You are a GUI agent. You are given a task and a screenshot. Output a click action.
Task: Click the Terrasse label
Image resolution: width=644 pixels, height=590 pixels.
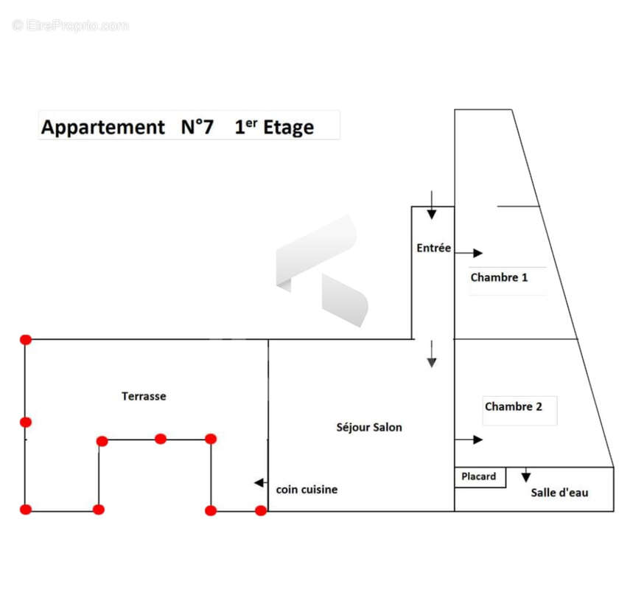[x=144, y=396]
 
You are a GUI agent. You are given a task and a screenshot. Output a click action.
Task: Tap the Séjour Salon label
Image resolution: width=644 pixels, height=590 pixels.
[x=369, y=427]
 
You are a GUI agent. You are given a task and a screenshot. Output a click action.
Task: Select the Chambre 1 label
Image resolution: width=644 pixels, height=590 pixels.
[x=499, y=277]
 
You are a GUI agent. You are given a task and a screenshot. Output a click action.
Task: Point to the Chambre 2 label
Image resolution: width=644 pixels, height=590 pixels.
[x=514, y=406]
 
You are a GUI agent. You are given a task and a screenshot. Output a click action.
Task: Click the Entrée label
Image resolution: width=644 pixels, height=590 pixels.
[x=433, y=248]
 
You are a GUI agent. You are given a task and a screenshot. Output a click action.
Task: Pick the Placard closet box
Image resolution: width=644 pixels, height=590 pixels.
[x=480, y=477]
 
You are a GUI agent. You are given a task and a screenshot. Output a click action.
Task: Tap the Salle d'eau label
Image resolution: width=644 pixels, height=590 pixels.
[x=559, y=493]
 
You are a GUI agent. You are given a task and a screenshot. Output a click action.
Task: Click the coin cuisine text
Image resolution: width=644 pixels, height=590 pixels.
[x=307, y=489]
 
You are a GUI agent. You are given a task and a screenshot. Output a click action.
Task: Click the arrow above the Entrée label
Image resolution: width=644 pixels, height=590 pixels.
[x=431, y=205]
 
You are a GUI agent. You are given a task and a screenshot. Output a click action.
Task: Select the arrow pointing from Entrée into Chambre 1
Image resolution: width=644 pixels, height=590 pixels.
[x=469, y=253]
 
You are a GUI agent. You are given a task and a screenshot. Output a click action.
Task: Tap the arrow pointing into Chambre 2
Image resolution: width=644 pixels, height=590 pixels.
[x=469, y=440]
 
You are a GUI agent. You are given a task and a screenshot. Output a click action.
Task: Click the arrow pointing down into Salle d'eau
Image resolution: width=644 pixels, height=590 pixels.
[x=525, y=474]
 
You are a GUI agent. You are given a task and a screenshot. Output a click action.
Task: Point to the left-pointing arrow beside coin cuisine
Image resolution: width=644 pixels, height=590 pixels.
[x=261, y=482]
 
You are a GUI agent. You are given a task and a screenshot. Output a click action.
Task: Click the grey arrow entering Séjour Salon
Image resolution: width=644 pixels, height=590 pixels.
[x=431, y=354]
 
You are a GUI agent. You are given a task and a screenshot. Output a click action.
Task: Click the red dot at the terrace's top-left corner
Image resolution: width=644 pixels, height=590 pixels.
[x=26, y=339]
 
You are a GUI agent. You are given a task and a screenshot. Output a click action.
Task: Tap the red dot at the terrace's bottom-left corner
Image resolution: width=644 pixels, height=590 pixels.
[x=26, y=510]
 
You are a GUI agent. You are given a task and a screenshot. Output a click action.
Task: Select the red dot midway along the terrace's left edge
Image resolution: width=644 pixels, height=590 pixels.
[x=26, y=423]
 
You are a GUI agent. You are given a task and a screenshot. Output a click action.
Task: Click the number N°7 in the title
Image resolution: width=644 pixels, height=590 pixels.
[x=197, y=127]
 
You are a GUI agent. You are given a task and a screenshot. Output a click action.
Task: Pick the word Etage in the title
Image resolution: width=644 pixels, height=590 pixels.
[x=288, y=128]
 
